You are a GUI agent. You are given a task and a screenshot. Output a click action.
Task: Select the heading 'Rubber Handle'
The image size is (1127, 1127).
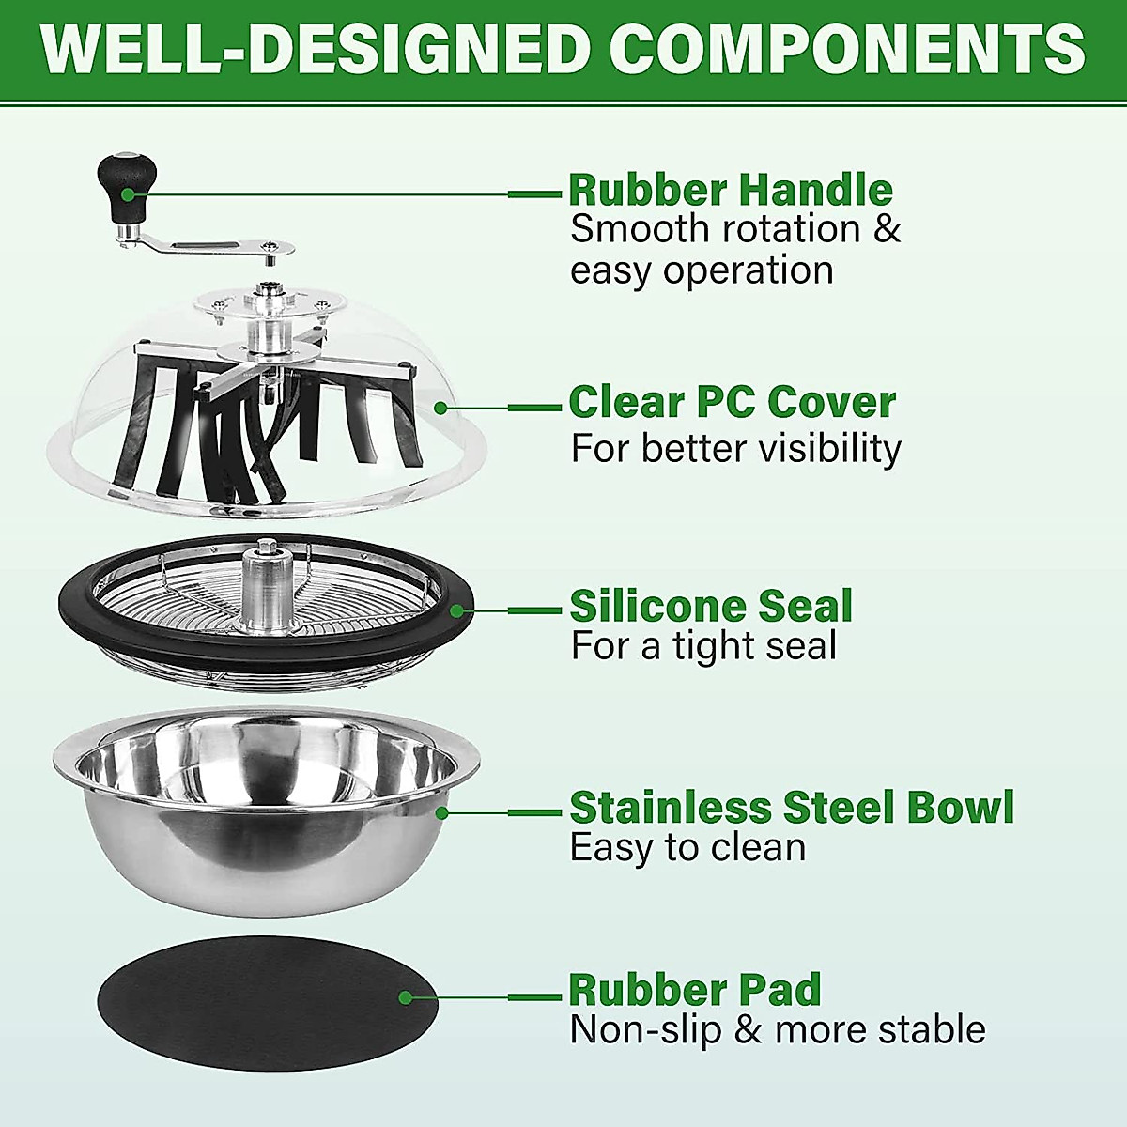coord(731,190)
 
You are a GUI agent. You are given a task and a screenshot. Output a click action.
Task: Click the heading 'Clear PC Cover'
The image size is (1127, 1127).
coord(732,402)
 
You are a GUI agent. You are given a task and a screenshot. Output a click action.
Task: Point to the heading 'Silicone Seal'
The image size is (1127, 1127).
coord(711,606)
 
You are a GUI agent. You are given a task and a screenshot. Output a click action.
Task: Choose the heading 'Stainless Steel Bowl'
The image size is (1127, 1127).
coord(792,808)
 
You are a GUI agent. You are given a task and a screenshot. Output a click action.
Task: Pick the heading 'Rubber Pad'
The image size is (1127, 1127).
coord(695,990)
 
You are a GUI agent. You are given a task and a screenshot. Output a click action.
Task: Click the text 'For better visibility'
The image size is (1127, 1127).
coord(735,448)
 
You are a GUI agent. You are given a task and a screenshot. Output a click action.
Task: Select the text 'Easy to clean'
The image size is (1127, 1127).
coord(687,848)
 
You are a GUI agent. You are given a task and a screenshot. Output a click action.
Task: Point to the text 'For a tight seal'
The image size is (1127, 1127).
coord(703,646)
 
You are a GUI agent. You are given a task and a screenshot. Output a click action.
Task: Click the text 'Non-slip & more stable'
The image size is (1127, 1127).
coord(778,1030)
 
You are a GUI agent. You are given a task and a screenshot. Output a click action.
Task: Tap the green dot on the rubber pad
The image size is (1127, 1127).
coord(406,998)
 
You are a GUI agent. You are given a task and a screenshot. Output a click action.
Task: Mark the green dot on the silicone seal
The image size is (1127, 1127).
coord(456,611)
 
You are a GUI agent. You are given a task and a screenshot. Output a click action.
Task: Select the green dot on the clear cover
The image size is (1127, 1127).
coord(440,408)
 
